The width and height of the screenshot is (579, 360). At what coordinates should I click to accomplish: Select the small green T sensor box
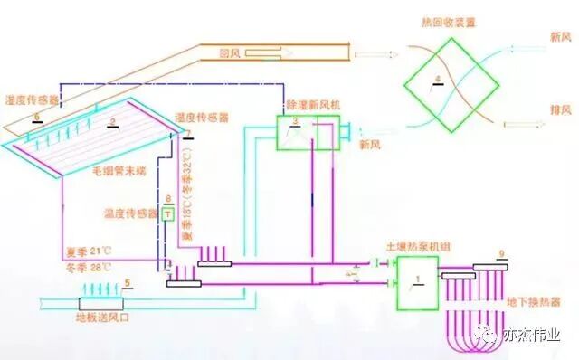click(166, 214)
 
